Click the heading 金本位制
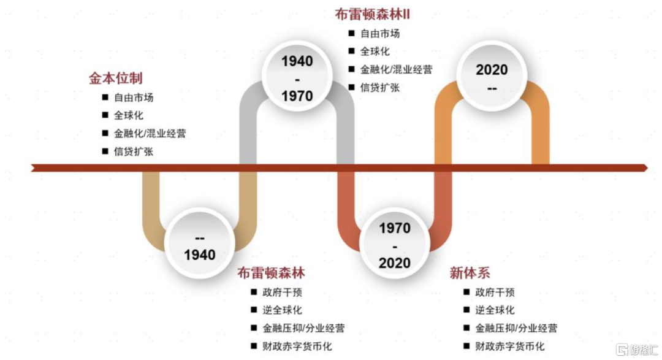pyautogui.click(x=116, y=78)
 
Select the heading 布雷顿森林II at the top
pyautogui.click(x=373, y=14)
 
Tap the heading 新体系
pyautogui.click(x=470, y=273)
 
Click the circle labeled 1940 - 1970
pyautogui.click(x=297, y=77)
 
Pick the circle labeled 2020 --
pyautogui.click(x=492, y=76)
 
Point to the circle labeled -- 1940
pyautogui.click(x=200, y=244)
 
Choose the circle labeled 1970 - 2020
pyautogui.click(x=395, y=244)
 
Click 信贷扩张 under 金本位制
pyautogui.click(x=134, y=151)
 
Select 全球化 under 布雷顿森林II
pyautogui.click(x=375, y=51)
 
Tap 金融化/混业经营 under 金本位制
pyautogui.click(x=150, y=134)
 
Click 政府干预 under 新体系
pyautogui.click(x=495, y=292)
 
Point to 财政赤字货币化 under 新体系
pyautogui.click(x=509, y=346)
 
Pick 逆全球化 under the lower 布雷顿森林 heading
pyautogui.click(x=282, y=310)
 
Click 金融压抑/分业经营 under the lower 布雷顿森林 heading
pyautogui.click(x=303, y=328)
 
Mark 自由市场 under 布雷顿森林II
pyautogui.click(x=380, y=33)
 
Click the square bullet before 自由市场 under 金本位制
pyautogui.click(x=105, y=97)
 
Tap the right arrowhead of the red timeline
pyautogui.click(x=645, y=168)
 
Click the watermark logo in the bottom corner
pyautogui.click(x=637, y=350)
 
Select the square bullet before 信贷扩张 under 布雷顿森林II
pyautogui.click(x=351, y=87)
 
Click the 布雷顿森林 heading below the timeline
pyautogui.click(x=271, y=273)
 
